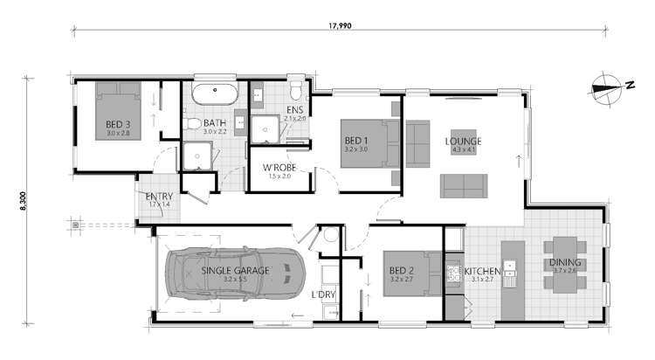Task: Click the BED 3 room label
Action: click(x=117, y=124)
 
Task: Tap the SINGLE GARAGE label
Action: click(x=236, y=271)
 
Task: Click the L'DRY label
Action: click(x=324, y=294)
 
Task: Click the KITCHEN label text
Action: click(x=481, y=271)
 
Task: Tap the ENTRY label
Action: click(x=159, y=196)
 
